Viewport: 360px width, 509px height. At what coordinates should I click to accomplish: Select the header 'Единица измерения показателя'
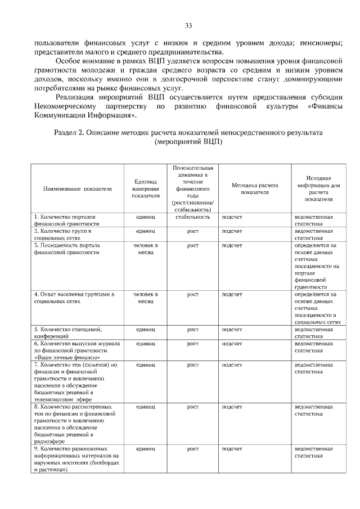tap(146, 188)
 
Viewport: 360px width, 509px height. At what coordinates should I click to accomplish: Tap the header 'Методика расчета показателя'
tap(255, 188)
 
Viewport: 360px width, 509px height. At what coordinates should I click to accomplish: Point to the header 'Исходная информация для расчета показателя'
tap(318, 188)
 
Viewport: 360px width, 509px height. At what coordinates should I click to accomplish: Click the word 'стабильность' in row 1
tap(193, 217)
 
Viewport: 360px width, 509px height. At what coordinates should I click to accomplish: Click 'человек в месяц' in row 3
tap(146, 249)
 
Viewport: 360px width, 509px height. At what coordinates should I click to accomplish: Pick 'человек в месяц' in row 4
tap(146, 298)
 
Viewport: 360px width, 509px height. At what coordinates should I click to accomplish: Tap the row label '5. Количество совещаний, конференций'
tap(69, 332)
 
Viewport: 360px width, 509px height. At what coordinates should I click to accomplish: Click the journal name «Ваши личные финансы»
tap(68, 357)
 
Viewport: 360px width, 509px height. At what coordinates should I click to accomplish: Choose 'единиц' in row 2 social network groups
tap(146, 231)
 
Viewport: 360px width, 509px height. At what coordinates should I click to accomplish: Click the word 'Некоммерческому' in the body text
tap(64, 106)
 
